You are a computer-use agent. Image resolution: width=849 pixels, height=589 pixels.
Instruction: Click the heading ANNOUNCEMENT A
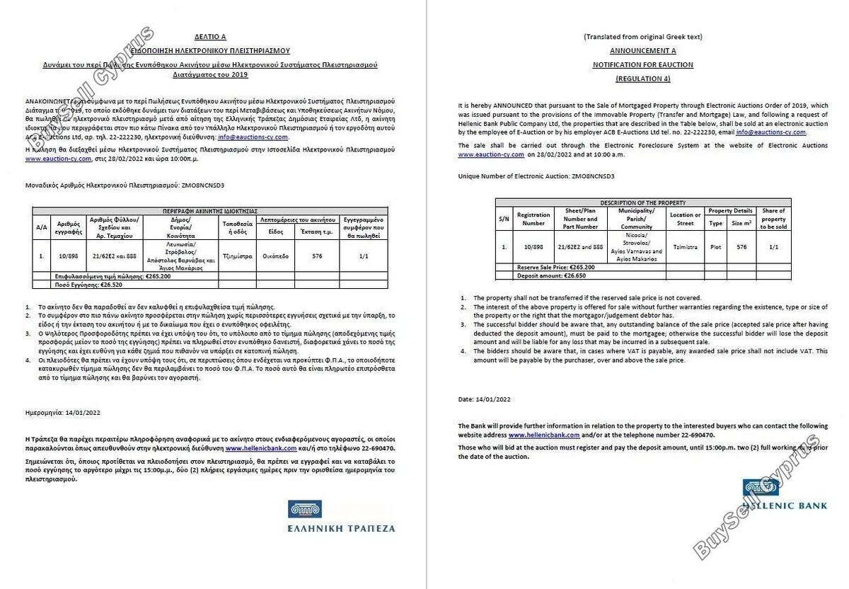[x=642, y=51]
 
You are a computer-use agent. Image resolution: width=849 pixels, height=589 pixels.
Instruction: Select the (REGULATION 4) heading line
[x=642, y=78]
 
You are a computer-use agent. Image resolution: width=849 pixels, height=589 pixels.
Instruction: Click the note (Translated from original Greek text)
[x=642, y=37]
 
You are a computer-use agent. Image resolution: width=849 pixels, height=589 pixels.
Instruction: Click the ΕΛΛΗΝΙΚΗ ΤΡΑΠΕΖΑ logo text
[x=342, y=527]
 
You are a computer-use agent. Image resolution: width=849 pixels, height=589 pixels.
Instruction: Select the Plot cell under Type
[x=715, y=247]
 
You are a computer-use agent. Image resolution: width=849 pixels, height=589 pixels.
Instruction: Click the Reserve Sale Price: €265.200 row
[x=555, y=268]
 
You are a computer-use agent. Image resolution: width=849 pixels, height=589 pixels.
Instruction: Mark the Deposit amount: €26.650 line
[x=553, y=275]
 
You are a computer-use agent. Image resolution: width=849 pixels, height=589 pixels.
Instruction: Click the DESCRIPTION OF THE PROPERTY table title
[x=642, y=202]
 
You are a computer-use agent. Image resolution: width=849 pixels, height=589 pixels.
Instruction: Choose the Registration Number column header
[x=533, y=219]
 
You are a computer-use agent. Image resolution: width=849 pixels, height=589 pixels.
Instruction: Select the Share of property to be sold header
[x=773, y=219]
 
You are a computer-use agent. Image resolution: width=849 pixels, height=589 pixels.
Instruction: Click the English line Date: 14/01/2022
[x=484, y=399]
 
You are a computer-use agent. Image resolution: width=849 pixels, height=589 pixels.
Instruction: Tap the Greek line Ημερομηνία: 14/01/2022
[x=64, y=411]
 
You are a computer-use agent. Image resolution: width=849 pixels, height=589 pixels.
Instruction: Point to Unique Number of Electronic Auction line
[x=536, y=176]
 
